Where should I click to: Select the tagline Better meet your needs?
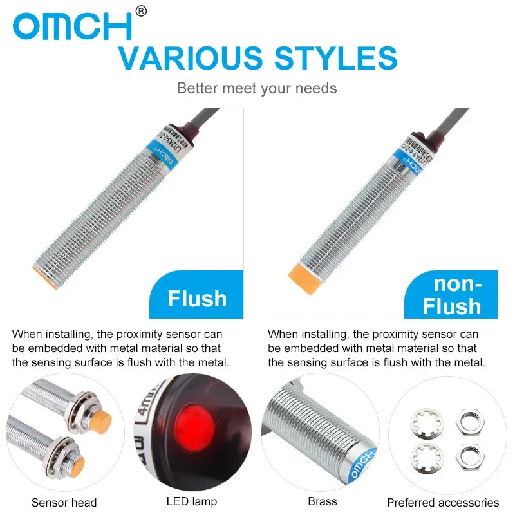point(257,88)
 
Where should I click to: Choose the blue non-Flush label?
point(452,295)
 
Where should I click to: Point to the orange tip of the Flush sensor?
point(46,277)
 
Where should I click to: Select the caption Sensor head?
point(64,503)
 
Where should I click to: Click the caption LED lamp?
point(192,501)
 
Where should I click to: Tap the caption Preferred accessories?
point(443,503)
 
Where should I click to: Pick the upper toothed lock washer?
point(427,423)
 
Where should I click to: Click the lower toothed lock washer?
point(427,457)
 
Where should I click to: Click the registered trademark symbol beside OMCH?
point(142,11)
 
